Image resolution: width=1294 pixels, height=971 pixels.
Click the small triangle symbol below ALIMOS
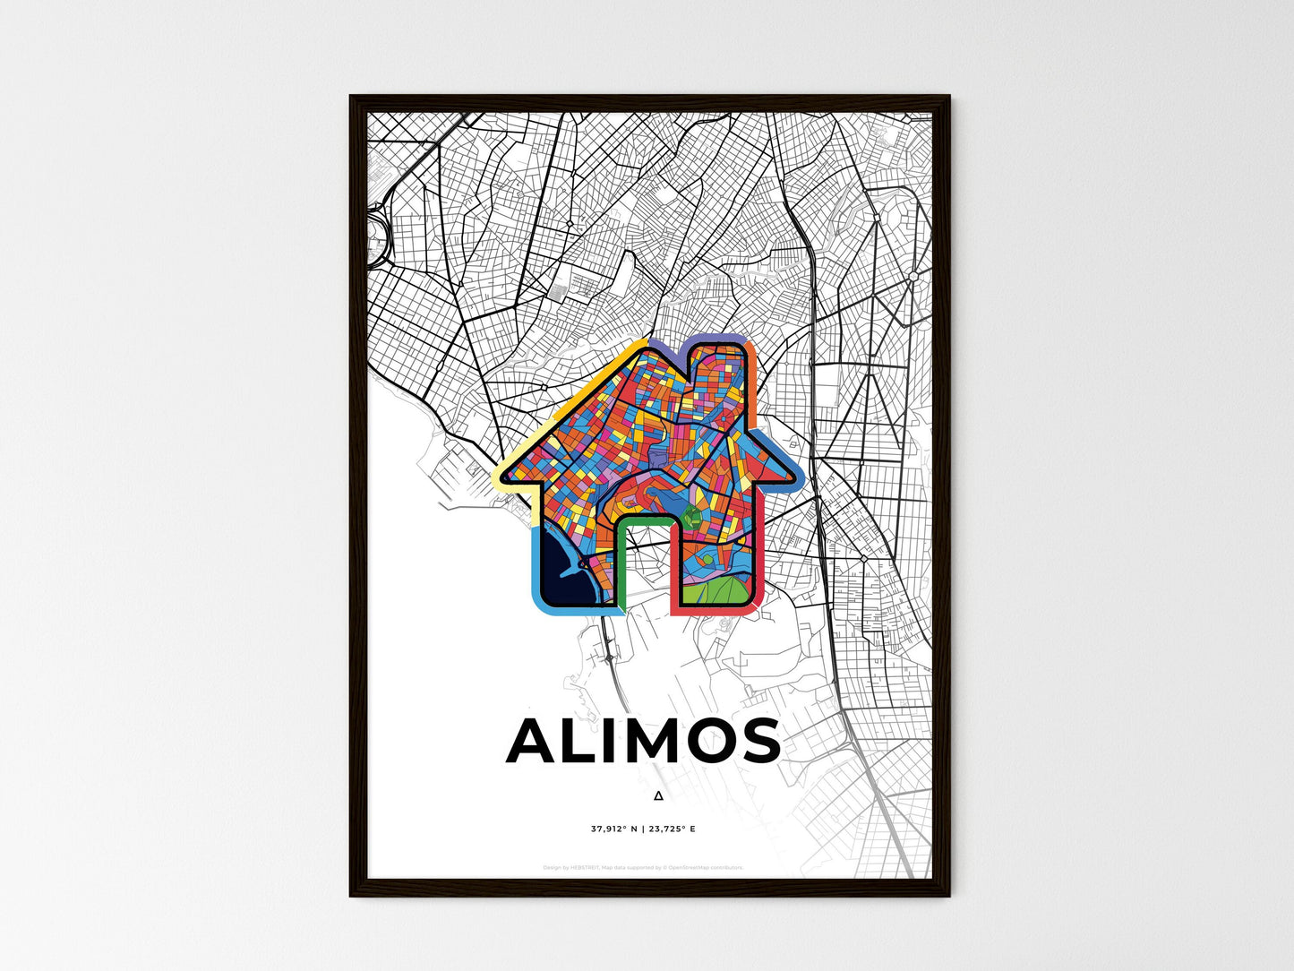tap(658, 795)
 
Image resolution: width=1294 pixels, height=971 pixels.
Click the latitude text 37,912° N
tap(614, 829)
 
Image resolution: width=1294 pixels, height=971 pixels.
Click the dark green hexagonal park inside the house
tap(691, 516)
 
